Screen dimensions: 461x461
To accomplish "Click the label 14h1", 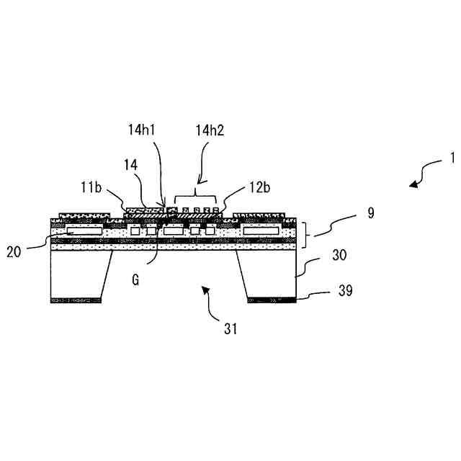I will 142,130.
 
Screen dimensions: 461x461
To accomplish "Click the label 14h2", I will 210,130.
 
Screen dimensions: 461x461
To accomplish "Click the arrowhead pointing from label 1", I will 413,185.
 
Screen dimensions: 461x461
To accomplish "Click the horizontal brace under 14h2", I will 195,197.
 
